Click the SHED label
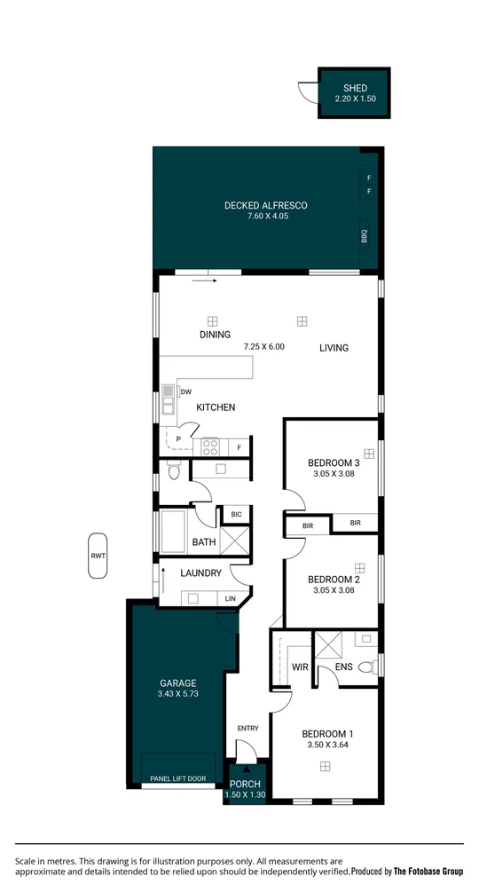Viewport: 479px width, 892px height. tap(355, 88)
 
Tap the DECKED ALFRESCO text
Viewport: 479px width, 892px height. tap(265, 206)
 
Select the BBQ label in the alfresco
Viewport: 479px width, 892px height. tap(364, 237)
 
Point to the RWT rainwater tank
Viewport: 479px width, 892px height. tap(98, 556)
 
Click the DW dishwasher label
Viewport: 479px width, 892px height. tap(186, 391)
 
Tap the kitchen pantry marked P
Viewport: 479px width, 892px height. tap(178, 438)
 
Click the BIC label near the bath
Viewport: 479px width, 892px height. tap(236, 515)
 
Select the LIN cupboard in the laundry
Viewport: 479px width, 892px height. tap(231, 599)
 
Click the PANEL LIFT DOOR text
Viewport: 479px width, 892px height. tap(178, 778)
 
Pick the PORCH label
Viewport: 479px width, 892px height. tap(245, 784)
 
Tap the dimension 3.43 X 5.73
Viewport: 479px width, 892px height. tap(178, 694)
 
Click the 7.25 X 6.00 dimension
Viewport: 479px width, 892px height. tap(263, 347)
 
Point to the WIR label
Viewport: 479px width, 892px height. tap(299, 667)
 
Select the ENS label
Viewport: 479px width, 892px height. tap(343, 667)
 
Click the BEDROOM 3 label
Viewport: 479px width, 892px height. tap(334, 462)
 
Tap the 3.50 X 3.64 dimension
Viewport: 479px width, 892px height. tap(327, 746)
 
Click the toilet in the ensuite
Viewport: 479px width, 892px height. tap(372, 665)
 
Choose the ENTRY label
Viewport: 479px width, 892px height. tap(247, 729)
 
